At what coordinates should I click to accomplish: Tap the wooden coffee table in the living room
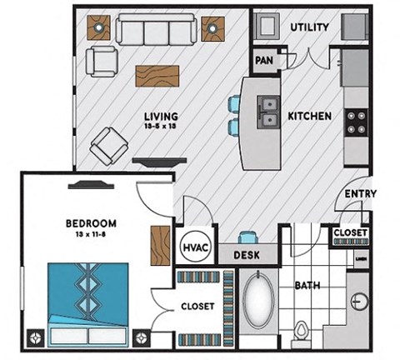158,75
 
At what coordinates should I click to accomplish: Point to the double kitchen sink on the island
269,112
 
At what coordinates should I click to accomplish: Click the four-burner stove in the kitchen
357,123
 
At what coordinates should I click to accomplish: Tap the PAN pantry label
264,60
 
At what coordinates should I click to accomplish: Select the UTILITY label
310,27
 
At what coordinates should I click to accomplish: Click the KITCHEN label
310,116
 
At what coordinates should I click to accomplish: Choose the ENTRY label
360,194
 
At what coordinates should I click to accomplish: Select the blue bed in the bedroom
88,301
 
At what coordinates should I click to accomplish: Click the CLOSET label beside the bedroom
197,307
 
